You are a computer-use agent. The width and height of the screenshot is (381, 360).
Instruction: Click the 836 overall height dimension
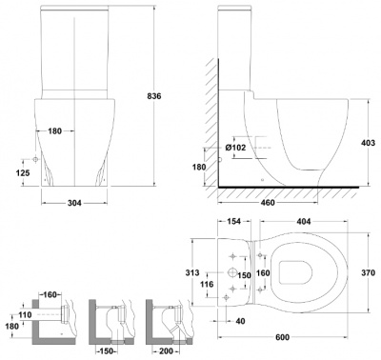tap(154, 96)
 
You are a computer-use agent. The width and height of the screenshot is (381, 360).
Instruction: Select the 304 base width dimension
tap(74, 203)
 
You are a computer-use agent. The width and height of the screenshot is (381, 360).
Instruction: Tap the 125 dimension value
tap(23, 172)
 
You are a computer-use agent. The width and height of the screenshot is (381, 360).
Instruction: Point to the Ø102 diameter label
tap(235, 148)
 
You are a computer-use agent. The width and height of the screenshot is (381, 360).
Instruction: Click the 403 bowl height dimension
tap(369, 143)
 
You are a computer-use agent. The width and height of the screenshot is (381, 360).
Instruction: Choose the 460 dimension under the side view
tap(268, 203)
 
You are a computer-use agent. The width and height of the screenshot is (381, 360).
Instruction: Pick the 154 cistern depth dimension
tap(234, 221)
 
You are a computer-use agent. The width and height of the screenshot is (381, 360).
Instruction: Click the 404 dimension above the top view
tap(304, 221)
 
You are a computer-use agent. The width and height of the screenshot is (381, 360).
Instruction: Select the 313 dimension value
tap(192, 272)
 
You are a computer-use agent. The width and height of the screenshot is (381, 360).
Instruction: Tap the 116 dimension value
tap(207, 284)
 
